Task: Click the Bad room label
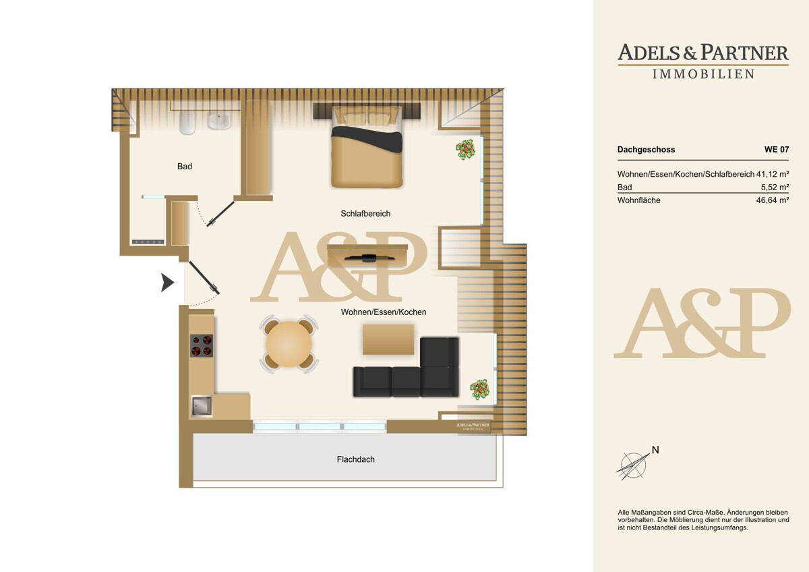coord(185,167)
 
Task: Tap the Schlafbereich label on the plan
coord(365,214)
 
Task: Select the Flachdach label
coord(356,459)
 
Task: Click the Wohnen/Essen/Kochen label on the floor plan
coord(384,312)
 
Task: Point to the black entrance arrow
coord(168,283)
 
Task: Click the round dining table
coord(289,344)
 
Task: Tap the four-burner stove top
coord(202,345)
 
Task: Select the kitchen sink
coord(202,406)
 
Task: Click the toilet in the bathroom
coord(187,123)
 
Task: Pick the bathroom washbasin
coord(219,121)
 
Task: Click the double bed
coord(367,147)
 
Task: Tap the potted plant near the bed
coord(465,149)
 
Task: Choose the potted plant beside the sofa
coord(479,389)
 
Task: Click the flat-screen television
coord(369,258)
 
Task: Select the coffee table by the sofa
coord(388,339)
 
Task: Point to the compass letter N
coord(655,450)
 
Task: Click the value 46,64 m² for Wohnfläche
coord(773,200)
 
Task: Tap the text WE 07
coord(777,149)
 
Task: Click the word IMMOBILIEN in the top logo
coord(703,74)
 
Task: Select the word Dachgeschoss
coord(646,150)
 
